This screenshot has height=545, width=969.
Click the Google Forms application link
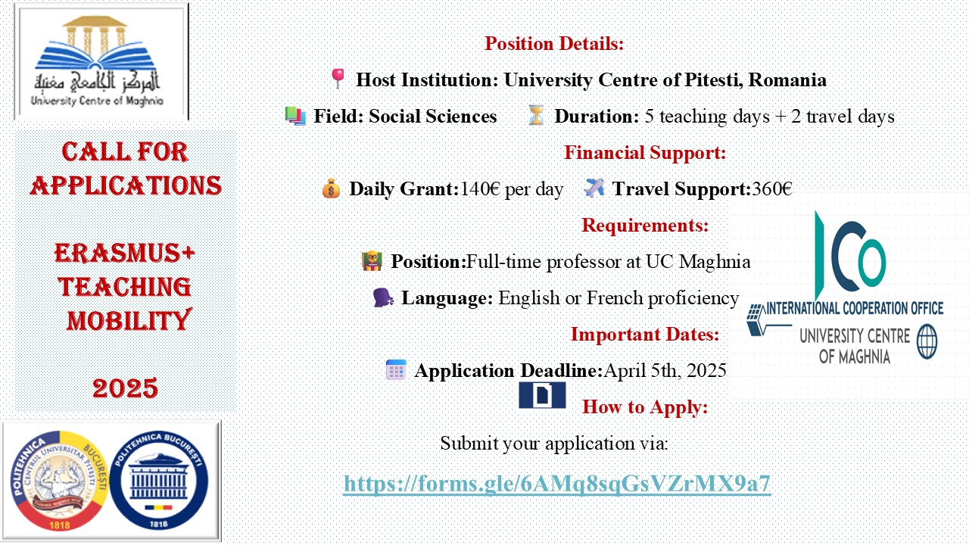tap(556, 484)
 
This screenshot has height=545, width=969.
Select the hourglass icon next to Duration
tap(536, 116)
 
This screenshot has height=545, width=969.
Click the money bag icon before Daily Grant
tap(331, 188)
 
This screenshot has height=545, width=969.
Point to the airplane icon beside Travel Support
tap(594, 188)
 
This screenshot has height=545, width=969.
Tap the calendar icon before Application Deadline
tap(396, 370)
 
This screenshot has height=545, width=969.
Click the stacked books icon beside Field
tap(295, 116)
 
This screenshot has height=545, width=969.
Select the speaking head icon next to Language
tap(383, 297)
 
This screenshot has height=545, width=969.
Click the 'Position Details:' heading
tap(554, 43)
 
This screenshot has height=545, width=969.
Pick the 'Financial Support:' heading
tap(645, 152)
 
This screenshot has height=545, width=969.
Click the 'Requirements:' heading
tap(645, 225)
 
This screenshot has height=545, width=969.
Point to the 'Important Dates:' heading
tap(645, 334)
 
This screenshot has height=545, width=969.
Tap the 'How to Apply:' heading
tap(645, 406)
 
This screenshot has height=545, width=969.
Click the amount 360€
tap(772, 188)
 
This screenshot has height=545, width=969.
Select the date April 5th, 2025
tap(665, 370)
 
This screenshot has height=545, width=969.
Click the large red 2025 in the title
tap(125, 388)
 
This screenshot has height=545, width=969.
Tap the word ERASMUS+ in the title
tap(125, 253)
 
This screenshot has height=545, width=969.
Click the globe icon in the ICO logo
tap(927, 341)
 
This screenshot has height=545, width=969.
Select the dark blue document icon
tap(542, 395)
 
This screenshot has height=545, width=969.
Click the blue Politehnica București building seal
tap(159, 481)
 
